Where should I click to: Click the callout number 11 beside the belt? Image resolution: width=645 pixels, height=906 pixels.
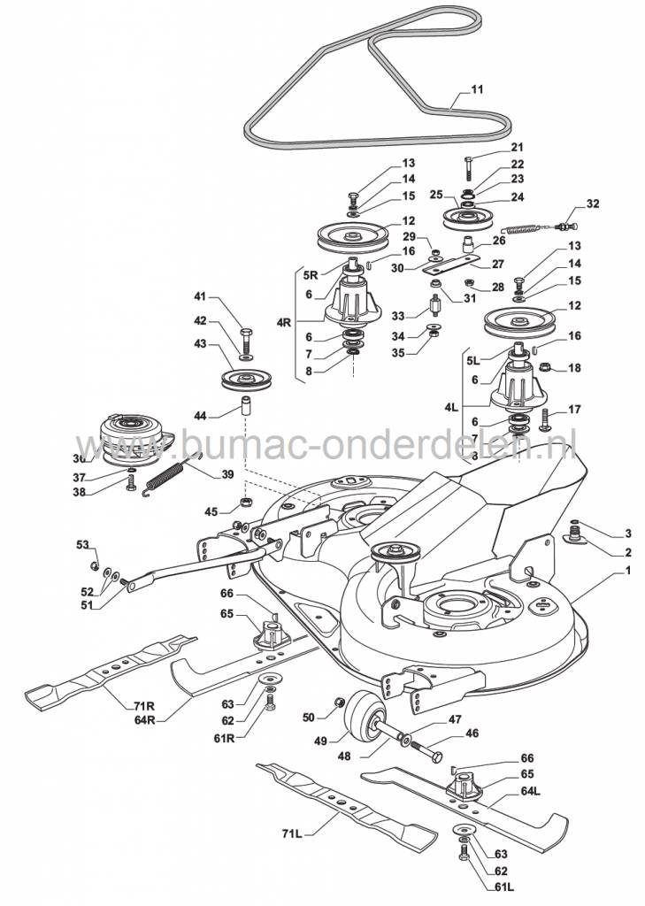(477, 89)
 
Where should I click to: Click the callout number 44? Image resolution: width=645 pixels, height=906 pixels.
(201, 415)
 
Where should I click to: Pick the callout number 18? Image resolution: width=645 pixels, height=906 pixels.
(573, 368)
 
